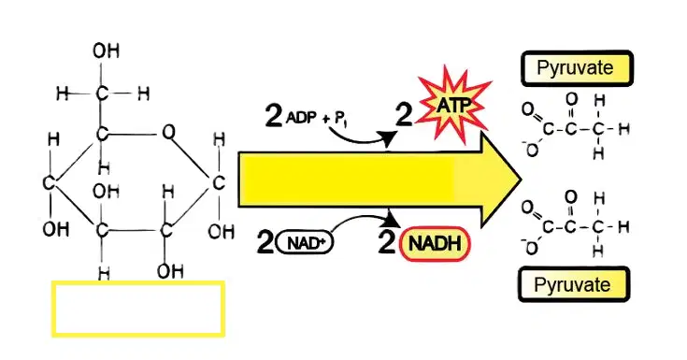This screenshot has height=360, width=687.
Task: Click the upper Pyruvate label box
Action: pyautogui.click(x=577, y=68)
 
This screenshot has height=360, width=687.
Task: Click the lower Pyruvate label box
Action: pyautogui.click(x=574, y=284)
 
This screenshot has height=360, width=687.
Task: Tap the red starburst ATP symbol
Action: pyautogui.click(x=453, y=105)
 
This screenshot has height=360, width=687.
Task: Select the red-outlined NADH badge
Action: pyautogui.click(x=435, y=244)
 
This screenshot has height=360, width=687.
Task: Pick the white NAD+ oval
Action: pyautogui.click(x=305, y=243)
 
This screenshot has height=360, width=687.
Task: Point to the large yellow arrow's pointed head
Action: pyautogui.click(x=521, y=180)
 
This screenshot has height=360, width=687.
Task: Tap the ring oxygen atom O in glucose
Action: pyautogui.click(x=168, y=132)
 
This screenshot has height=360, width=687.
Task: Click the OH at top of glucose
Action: pyautogui.click(x=106, y=50)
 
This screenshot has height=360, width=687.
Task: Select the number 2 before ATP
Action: pyautogui.click(x=404, y=115)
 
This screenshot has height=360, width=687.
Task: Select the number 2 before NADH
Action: pyautogui.click(x=387, y=242)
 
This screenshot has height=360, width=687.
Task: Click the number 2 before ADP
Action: pyautogui.click(x=273, y=116)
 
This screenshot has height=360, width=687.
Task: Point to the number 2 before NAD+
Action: pyautogui.click(x=265, y=242)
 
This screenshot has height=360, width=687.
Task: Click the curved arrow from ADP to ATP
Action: pyautogui.click(x=360, y=139)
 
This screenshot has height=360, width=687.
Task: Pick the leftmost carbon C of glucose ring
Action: pyautogui.click(x=50, y=183)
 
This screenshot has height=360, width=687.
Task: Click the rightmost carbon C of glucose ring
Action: pyautogui.click(x=218, y=183)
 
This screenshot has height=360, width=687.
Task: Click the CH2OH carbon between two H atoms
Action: pyautogui.click(x=102, y=93)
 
